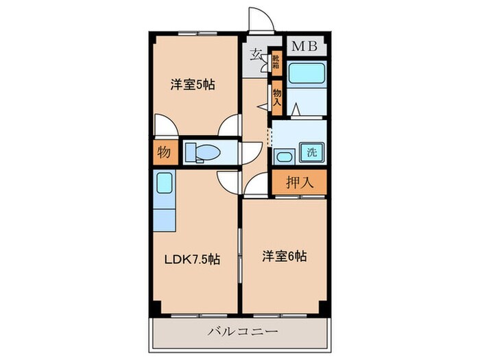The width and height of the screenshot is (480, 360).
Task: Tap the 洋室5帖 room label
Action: click(x=193, y=85)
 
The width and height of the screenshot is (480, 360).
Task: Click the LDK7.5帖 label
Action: click(x=191, y=260)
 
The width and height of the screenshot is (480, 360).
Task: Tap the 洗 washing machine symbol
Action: click(x=311, y=153)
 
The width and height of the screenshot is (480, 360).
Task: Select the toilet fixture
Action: click(x=202, y=152)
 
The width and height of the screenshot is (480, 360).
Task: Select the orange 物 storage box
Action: click(x=164, y=153)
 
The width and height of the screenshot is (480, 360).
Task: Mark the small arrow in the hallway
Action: click(x=261, y=107)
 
